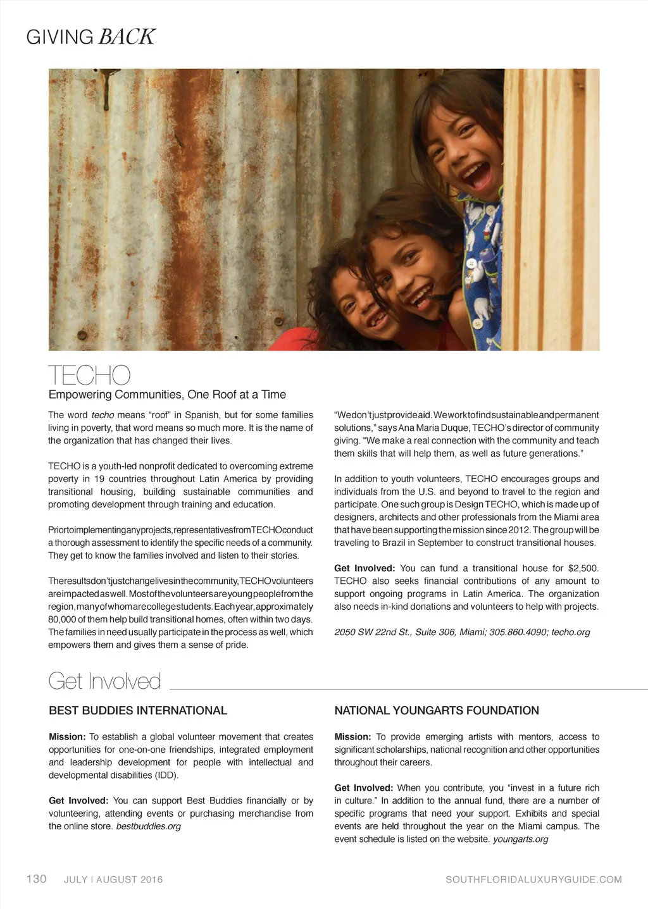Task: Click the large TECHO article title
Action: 89,375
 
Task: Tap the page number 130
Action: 36,879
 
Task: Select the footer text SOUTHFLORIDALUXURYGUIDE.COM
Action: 533,879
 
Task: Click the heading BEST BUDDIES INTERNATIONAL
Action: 138,710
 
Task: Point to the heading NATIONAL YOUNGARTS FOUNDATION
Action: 437,710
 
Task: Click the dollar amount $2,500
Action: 583,568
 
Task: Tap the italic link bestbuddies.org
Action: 148,826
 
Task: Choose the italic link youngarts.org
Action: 520,839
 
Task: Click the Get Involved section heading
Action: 104,681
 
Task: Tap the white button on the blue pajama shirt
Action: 471,263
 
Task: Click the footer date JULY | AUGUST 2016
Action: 113,879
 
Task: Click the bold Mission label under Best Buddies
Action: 67,737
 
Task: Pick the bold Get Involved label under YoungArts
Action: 364,788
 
